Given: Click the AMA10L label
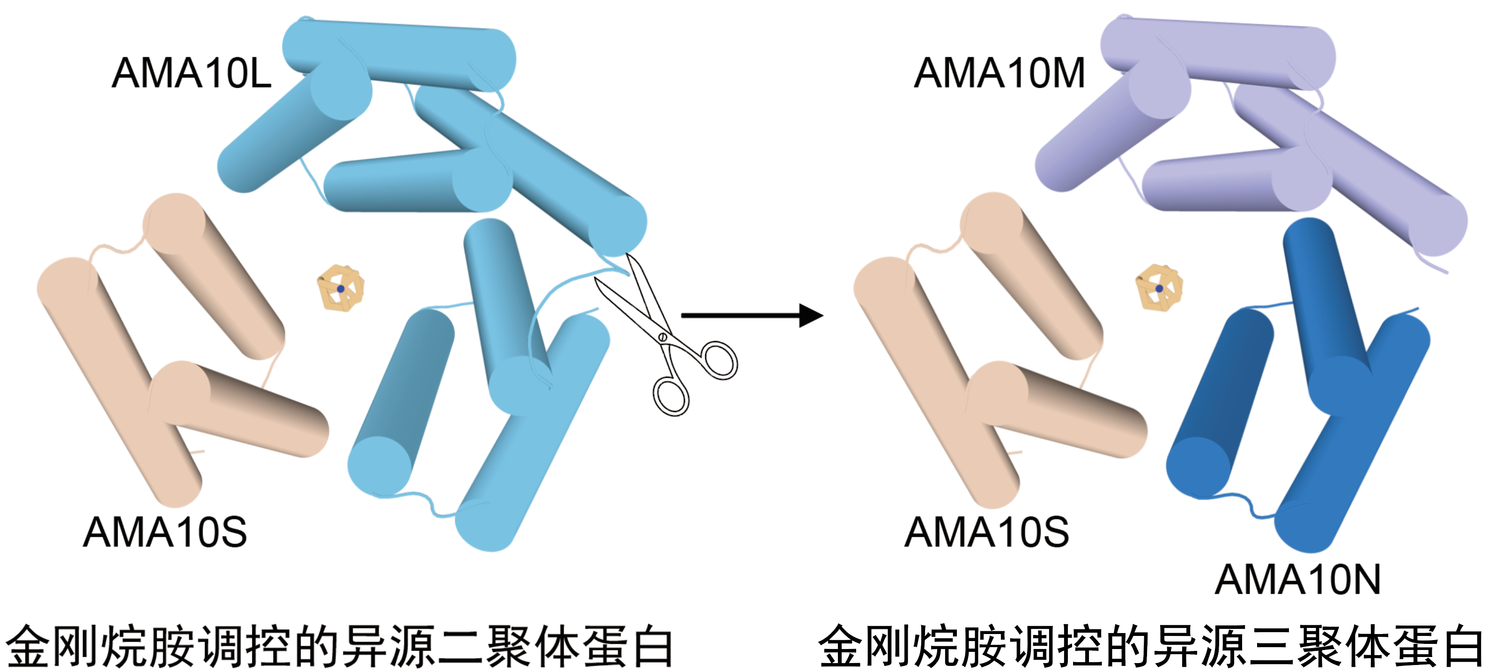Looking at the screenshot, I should pos(191,74).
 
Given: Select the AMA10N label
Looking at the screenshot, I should pos(1297,580).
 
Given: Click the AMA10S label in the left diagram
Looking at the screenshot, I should pos(165,532).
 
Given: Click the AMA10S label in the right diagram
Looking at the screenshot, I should pos(986,532).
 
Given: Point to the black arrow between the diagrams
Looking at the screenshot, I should pos(751,315).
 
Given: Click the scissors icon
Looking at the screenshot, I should pos(664,335).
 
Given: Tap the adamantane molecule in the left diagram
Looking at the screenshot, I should pos(341,288).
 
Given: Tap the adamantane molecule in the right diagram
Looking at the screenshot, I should pos(1159,288).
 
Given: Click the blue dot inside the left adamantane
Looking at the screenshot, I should pos(341,288).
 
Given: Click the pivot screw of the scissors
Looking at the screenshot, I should pos(663,336).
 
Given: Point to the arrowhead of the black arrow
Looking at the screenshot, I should pos(812,315).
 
